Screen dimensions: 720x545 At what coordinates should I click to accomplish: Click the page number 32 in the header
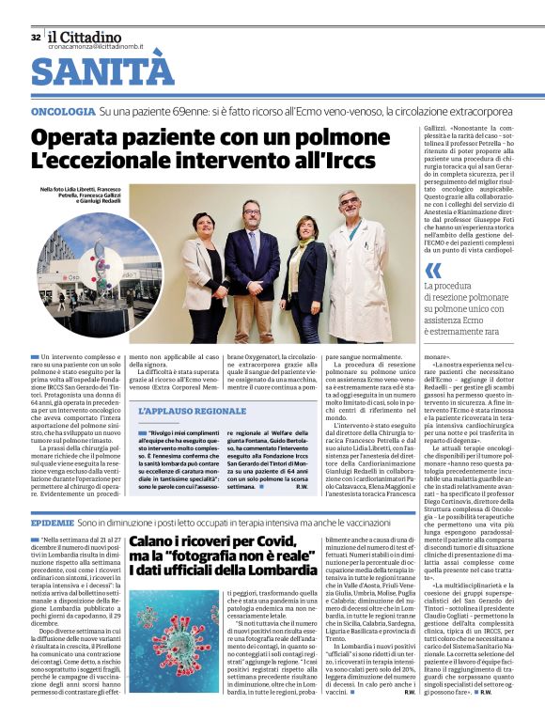tap(36, 38)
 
